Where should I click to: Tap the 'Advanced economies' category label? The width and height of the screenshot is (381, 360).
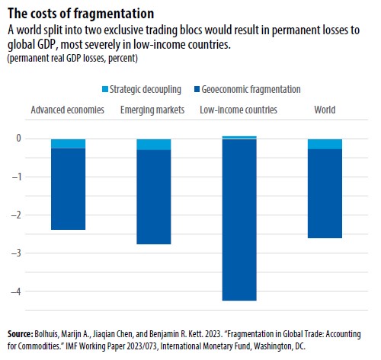coord(67,110)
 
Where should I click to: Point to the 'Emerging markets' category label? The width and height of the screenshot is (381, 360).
coord(152,110)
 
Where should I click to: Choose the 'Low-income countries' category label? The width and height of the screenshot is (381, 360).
coord(239,110)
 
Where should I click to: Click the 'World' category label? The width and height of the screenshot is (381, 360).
coord(325,110)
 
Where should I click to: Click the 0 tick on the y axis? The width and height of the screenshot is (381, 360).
coord(18,139)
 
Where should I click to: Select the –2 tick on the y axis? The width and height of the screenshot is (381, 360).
coord(16,215)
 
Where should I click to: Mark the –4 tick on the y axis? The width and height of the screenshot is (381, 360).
coord(16,292)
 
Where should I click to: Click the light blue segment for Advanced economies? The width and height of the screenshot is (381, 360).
coord(67,144)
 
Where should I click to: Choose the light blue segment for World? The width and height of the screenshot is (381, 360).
coord(325,144)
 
